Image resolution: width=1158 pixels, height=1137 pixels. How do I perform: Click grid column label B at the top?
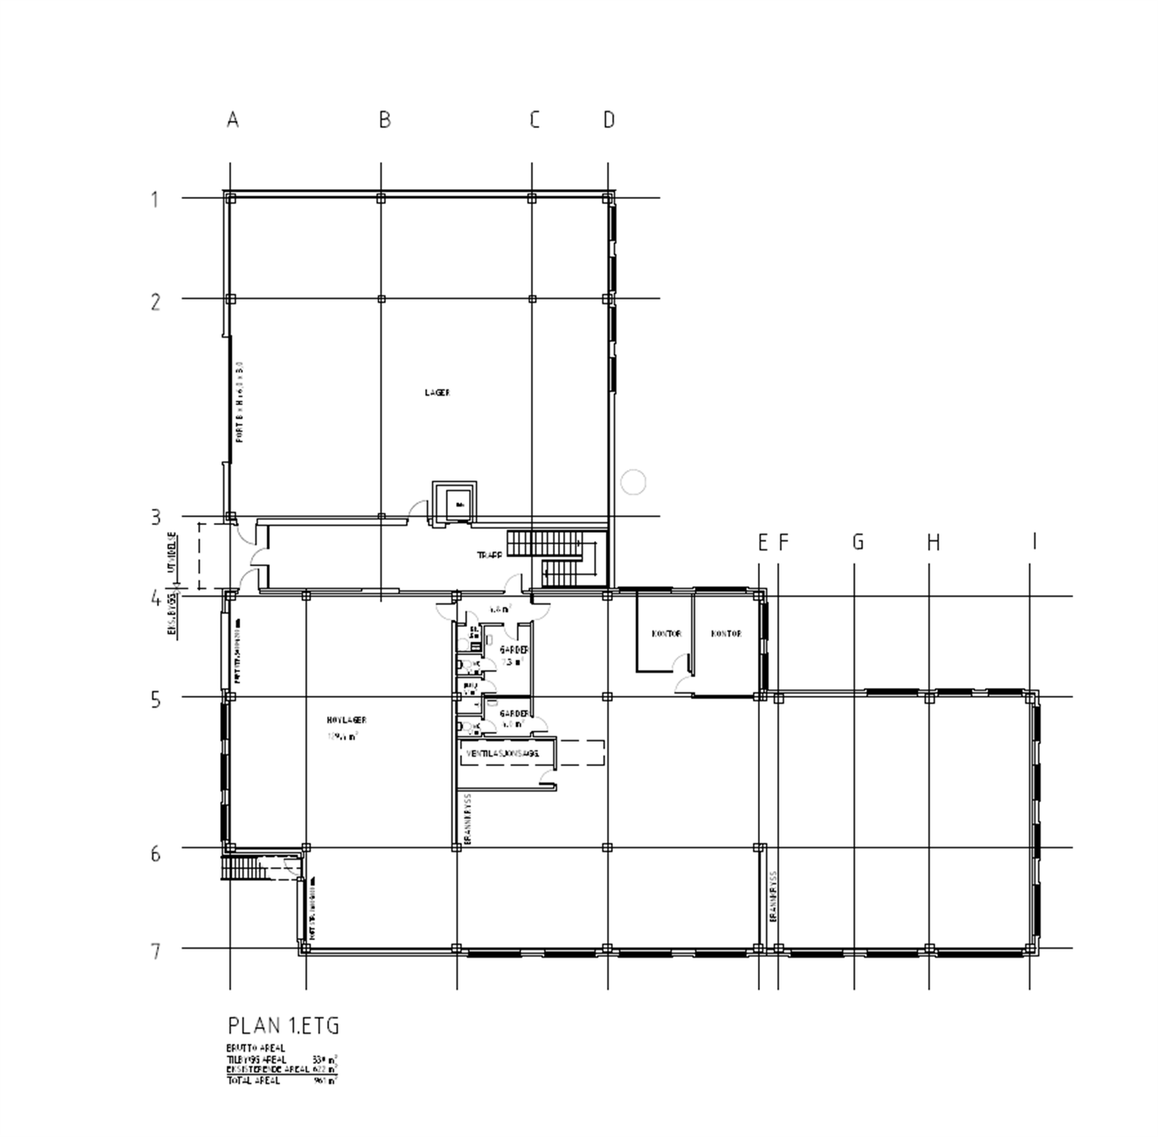coord(384,119)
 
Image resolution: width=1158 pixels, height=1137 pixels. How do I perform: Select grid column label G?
coord(858,542)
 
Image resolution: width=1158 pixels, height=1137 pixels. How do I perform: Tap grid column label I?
coord(1034,541)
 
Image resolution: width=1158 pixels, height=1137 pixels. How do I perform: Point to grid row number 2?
coord(155,301)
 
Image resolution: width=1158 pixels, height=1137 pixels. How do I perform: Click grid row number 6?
coord(155,854)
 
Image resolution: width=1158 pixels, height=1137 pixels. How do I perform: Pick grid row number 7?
coord(155,950)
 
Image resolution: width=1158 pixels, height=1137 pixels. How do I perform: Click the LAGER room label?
coord(437,393)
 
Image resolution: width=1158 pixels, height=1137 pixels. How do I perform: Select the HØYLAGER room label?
coord(347,720)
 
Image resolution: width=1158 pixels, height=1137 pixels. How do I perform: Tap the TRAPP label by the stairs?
coord(489,555)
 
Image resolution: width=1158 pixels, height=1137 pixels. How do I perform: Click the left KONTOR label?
coord(666,634)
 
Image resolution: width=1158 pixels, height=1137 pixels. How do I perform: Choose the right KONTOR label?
coord(726,634)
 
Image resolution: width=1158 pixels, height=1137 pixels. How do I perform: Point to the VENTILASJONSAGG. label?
coord(502,754)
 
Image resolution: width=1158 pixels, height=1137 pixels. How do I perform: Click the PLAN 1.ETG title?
coord(283,1026)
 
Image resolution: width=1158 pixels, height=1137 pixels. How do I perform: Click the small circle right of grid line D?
coord(633,481)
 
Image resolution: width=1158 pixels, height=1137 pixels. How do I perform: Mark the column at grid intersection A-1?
coord(230,197)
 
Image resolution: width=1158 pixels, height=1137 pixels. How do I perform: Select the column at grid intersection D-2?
coord(608,299)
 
